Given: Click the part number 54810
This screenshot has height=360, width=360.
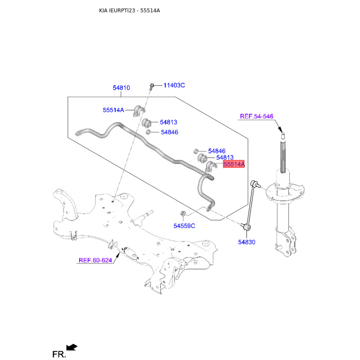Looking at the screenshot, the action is pos(121,88).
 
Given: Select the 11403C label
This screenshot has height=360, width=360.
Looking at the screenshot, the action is pos(174,85).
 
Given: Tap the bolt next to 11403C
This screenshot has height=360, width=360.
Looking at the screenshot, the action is pos(152,86).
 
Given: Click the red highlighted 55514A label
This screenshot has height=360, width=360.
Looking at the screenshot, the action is pos(234,164).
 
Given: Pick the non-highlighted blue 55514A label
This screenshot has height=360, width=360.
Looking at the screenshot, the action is pos(113,110).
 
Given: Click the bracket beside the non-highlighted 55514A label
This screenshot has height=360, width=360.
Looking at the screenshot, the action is pos(139,111).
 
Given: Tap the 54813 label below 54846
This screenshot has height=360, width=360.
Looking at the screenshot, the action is pos(225,157).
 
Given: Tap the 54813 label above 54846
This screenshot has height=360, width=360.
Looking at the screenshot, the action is pos(168,122).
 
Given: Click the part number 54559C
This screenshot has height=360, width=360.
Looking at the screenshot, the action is pos(184,226).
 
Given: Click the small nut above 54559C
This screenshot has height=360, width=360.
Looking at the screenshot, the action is pos(183,213).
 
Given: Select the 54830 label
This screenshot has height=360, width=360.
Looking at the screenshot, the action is pos(247,242).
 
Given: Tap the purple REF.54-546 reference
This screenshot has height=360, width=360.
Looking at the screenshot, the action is pos(256,116).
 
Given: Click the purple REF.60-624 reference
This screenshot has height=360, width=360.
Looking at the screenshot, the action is pos(95,260).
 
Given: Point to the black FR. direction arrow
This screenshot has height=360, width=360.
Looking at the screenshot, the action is pos(72,347).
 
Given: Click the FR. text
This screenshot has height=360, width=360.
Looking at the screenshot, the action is pos(59,354).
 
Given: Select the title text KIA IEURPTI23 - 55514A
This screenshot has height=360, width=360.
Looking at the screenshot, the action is pos(130,10).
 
